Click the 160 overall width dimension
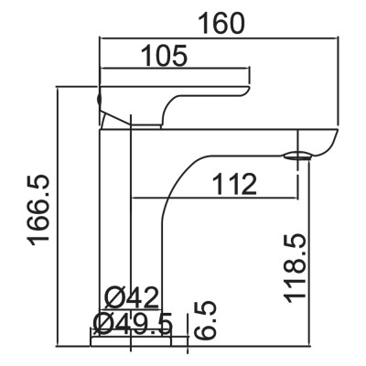point(221,23)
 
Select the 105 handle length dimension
point(165,56)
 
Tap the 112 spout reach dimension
point(234,184)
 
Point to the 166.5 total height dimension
point(38,210)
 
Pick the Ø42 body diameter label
point(132,296)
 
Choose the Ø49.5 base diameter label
point(133,323)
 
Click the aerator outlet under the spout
point(297,156)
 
